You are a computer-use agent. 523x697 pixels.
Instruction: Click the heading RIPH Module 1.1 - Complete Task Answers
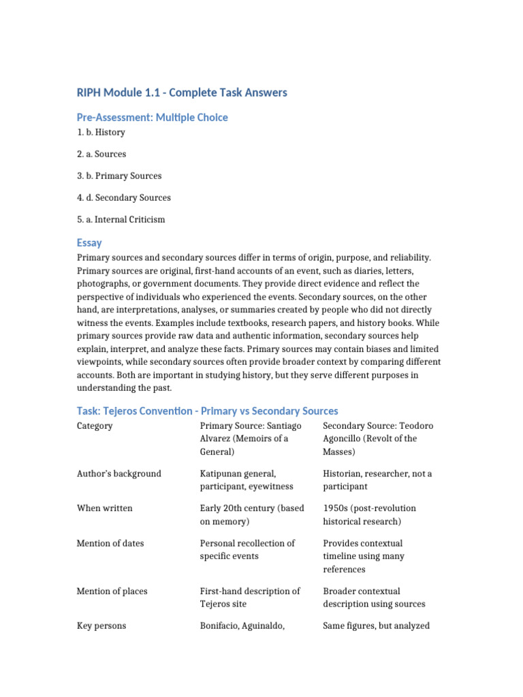[181, 92]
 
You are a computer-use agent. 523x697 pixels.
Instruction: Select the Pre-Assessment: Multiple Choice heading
[152, 117]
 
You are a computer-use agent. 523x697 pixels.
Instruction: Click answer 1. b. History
[101, 132]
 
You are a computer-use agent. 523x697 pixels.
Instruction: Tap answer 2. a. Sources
[101, 154]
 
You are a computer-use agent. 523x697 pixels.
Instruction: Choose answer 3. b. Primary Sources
[119, 176]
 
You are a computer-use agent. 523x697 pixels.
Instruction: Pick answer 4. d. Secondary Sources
[123, 197]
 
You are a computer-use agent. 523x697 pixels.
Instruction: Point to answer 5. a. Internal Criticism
[121, 219]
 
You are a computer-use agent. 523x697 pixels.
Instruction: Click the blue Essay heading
[89, 242]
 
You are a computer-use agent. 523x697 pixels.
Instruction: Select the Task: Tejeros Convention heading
[207, 410]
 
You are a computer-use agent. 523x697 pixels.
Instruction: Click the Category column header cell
[95, 425]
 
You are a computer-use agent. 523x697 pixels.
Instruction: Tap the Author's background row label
[118, 473]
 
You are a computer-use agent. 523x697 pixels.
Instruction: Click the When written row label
[104, 508]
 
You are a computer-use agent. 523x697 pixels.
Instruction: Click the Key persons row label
[101, 626]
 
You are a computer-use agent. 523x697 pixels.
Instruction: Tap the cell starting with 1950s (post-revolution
[368, 515]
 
